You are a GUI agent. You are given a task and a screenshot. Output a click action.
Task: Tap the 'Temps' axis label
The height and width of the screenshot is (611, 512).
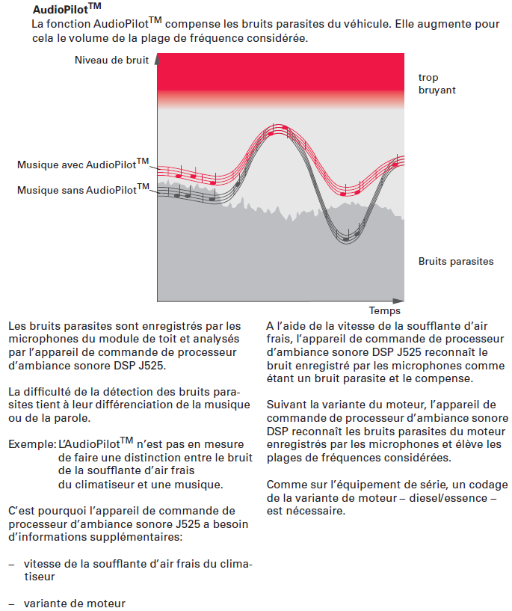pos(385,310)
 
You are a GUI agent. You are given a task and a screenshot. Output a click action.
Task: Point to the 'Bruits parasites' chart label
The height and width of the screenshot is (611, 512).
pos(456,261)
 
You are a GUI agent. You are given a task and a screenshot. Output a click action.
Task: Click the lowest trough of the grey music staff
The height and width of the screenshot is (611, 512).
pos(346,237)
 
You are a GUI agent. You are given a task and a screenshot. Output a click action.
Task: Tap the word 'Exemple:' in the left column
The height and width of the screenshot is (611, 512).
pos(31,443)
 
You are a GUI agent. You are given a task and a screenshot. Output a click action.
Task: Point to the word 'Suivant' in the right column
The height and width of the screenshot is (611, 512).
pos(286,405)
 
